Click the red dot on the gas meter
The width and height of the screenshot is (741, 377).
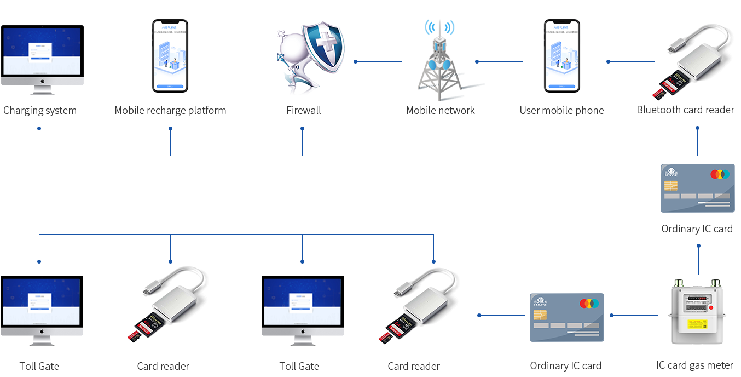[711, 308]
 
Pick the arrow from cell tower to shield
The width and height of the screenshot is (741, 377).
[378, 61]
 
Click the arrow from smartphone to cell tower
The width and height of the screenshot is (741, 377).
[499, 61]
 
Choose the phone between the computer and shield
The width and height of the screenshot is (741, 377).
[170, 56]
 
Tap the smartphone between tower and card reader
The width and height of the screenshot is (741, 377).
[561, 56]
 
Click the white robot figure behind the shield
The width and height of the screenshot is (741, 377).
[290, 60]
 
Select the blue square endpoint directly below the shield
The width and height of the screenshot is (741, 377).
[302, 128]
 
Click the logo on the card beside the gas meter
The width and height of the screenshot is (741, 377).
[540, 301]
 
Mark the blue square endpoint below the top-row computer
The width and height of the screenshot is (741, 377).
[39, 128]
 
